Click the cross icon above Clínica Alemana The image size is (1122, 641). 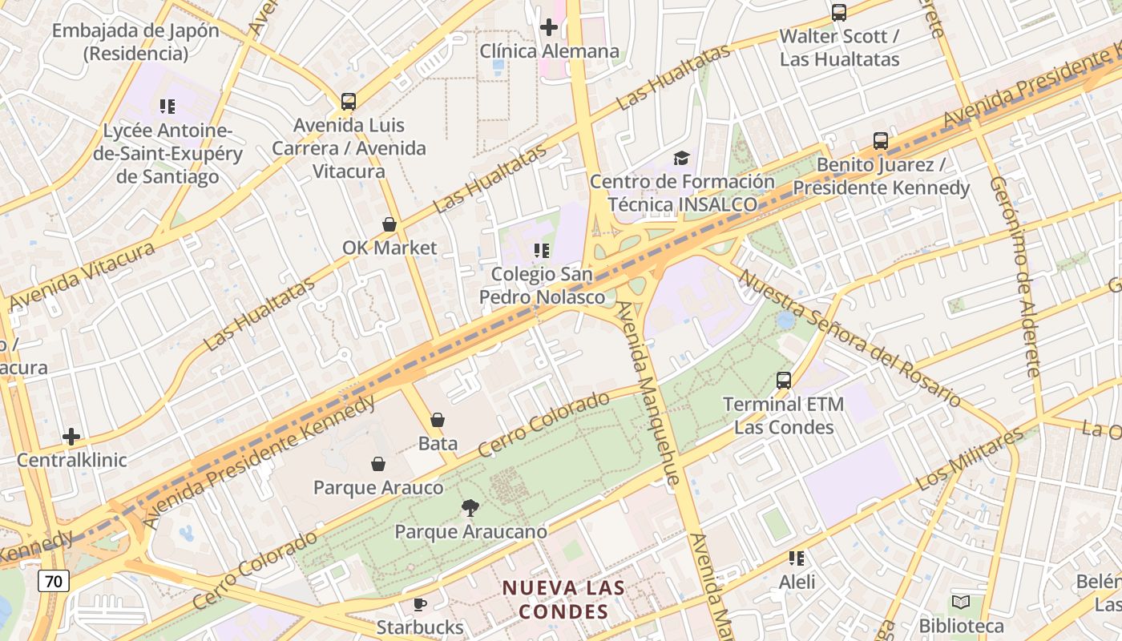[549, 28]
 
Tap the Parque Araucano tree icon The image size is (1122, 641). [470, 507]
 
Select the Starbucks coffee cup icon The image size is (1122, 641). [419, 604]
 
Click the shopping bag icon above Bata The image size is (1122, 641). [438, 420]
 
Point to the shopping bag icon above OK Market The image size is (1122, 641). [389, 224]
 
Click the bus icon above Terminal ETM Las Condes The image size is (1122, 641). [784, 381]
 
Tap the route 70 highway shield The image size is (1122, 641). [54, 581]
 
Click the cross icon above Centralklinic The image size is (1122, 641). [71, 437]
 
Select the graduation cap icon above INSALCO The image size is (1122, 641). [681, 158]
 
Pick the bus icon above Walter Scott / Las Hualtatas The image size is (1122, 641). [839, 13]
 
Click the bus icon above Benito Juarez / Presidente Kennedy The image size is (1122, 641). [881, 141]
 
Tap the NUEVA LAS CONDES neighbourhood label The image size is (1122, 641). [563, 599]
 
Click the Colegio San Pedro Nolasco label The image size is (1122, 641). [542, 285]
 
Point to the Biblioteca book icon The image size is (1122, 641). [961, 602]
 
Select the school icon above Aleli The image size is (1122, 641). [797, 558]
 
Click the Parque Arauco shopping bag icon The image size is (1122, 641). [378, 464]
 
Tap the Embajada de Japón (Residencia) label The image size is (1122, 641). [135, 42]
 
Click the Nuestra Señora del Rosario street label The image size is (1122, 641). [850, 337]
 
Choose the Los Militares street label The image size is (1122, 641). [969, 460]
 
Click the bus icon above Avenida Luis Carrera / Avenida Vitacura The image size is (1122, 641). [349, 102]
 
